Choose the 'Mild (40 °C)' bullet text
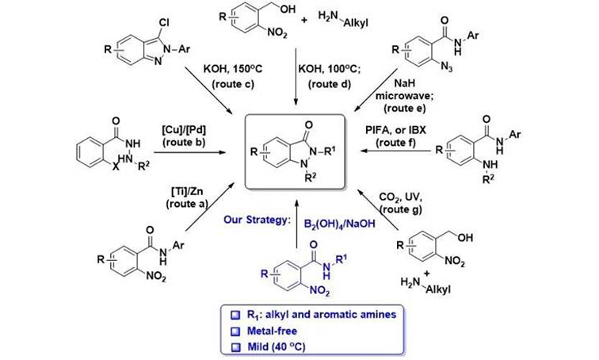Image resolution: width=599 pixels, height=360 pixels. click(277, 347)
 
